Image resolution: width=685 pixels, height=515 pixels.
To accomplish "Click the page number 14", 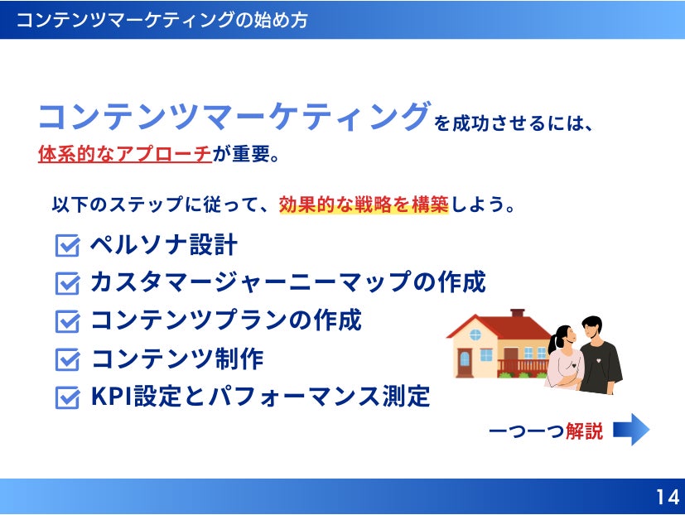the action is pyautogui.click(x=667, y=497).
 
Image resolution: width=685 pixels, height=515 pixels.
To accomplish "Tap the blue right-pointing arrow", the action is pyautogui.click(x=631, y=430).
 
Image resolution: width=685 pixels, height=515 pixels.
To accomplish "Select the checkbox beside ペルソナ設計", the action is pyautogui.click(x=67, y=245).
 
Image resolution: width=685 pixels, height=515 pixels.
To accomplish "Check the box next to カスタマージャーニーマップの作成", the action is pyautogui.click(x=67, y=283).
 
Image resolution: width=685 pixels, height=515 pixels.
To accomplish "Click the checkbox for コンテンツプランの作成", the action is pyautogui.click(x=67, y=321).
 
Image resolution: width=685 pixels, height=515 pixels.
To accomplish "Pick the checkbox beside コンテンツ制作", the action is pyautogui.click(x=67, y=359).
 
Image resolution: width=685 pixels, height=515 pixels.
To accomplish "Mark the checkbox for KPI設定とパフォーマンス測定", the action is pyautogui.click(x=67, y=397).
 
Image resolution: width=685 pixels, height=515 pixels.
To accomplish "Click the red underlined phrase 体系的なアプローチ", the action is pyautogui.click(x=125, y=154).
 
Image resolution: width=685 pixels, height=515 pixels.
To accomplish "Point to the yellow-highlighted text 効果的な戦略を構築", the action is pyautogui.click(x=364, y=205).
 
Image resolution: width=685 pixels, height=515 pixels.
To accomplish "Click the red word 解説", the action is pyautogui.click(x=584, y=431).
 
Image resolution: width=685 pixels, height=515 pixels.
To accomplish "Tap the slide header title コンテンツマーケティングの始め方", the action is pyautogui.click(x=162, y=20).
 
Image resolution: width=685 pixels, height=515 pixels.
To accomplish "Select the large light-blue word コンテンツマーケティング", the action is pyautogui.click(x=234, y=117).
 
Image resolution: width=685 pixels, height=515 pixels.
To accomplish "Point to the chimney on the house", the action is pyautogui.click(x=517, y=314).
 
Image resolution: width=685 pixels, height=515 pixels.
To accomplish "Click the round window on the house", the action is pyautogui.click(x=475, y=335).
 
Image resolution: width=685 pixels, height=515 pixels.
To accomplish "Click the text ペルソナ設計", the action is pyautogui.click(x=164, y=244).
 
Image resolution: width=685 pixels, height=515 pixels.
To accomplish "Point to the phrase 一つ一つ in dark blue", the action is pyautogui.click(x=526, y=431).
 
